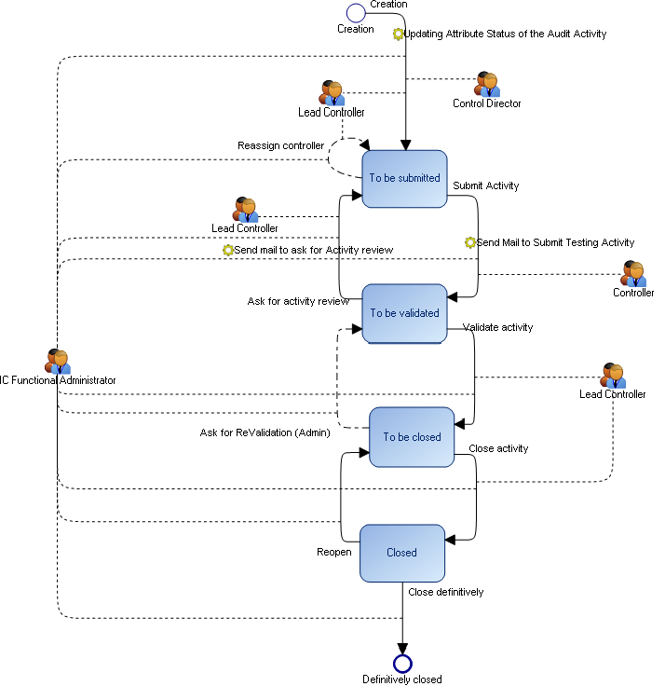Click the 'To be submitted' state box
pyautogui.click(x=405, y=178)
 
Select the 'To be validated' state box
pyautogui.click(x=405, y=313)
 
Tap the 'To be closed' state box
pyautogui.click(x=412, y=436)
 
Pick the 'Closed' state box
pyautogui.click(x=402, y=552)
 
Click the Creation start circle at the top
pyautogui.click(x=356, y=12)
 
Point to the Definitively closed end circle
pyautogui.click(x=402, y=663)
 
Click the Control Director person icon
pyautogui.click(x=487, y=84)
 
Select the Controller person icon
pyautogui.click(x=634, y=273)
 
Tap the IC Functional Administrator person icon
pyautogui.click(x=58, y=361)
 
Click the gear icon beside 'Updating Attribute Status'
pyautogui.click(x=399, y=34)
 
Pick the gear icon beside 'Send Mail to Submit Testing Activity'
pyautogui.click(x=470, y=242)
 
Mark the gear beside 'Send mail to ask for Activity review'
pyautogui.click(x=227, y=250)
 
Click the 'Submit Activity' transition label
pyautogui.click(x=486, y=185)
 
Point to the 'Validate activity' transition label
pyautogui.click(x=498, y=327)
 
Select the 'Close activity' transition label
pyautogui.click(x=498, y=448)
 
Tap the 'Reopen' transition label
pyautogui.click(x=334, y=552)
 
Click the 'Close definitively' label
pyautogui.click(x=446, y=592)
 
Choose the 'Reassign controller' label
pyautogui.click(x=280, y=145)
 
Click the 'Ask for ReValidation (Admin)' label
pyautogui.click(x=265, y=432)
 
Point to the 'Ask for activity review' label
pyautogui.click(x=298, y=301)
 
